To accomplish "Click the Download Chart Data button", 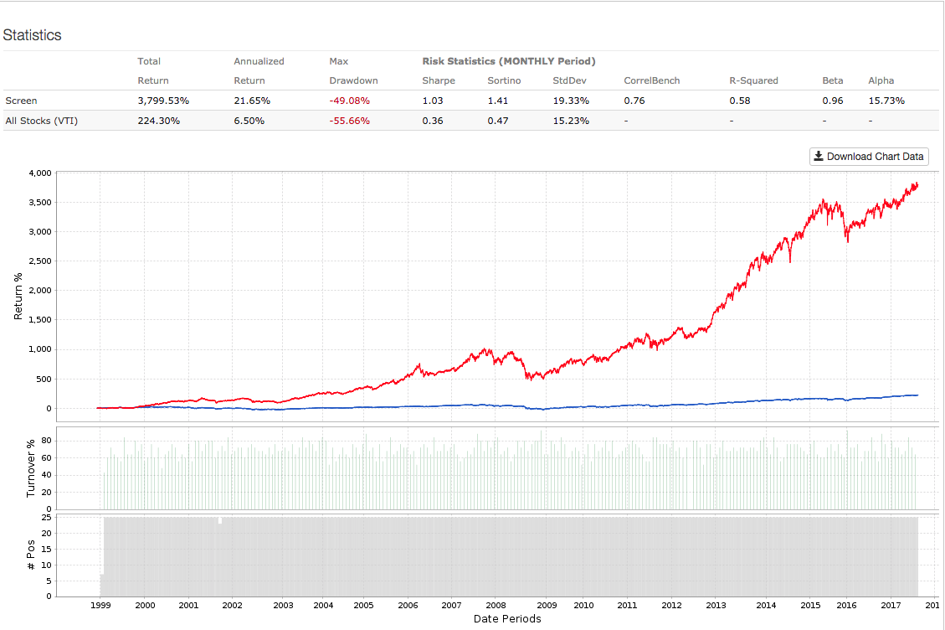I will pyautogui.click(x=869, y=157).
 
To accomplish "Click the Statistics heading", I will pyautogui.click(x=32, y=35).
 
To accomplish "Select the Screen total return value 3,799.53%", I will pyautogui.click(x=163, y=101).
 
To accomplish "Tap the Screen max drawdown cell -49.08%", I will pyautogui.click(x=350, y=101).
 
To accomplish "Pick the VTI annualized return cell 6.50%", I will pyautogui.click(x=249, y=121).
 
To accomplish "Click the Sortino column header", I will pyautogui.click(x=503, y=80).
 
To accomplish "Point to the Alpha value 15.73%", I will pyautogui.click(x=887, y=101).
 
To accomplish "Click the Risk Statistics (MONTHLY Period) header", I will pyautogui.click(x=508, y=61).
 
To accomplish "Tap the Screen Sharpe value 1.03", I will pyautogui.click(x=433, y=101).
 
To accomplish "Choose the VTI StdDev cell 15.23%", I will pyautogui.click(x=570, y=121).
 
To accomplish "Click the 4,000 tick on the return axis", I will pyautogui.click(x=40, y=173).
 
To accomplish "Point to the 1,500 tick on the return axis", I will pyautogui.click(x=40, y=320).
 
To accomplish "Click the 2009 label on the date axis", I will pyautogui.click(x=546, y=605).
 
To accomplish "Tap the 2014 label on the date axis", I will pyautogui.click(x=765, y=605).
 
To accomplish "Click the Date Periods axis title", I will pyautogui.click(x=506, y=619).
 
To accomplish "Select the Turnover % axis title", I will pyautogui.click(x=32, y=468).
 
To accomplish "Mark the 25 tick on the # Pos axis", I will pyautogui.click(x=47, y=518).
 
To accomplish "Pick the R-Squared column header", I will pyautogui.click(x=753, y=80).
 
